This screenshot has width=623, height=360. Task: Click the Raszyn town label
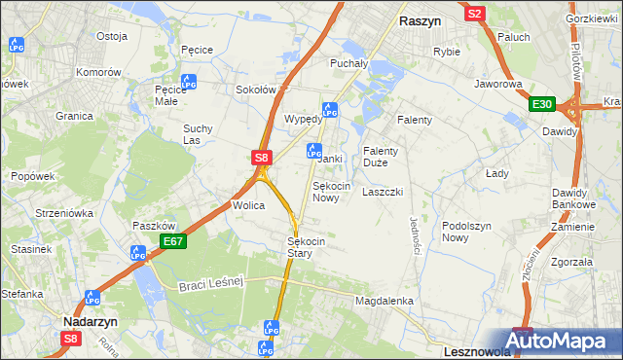[x=421, y=19]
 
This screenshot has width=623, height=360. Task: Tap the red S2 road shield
[x=475, y=14]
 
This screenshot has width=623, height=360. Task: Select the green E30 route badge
[x=542, y=105]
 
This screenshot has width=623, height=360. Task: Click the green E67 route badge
[x=173, y=241]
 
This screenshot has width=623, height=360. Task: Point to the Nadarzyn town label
[x=91, y=318]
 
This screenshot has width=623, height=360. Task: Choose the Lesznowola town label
[x=450, y=347]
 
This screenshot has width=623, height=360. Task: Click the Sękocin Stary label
[x=307, y=247]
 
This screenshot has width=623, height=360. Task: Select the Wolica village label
[x=248, y=205]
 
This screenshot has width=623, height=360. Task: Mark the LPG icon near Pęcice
[x=189, y=83]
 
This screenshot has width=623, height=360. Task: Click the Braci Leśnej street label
[x=209, y=284]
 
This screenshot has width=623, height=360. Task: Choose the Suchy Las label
[x=198, y=134]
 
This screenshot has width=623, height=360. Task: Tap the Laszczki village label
[x=383, y=192]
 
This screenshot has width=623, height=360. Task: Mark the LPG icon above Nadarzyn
[x=92, y=298]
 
